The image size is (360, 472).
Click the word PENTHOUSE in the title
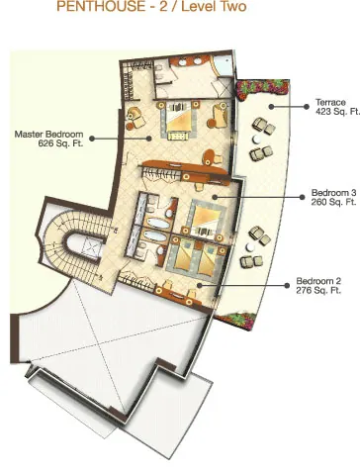point(101,6)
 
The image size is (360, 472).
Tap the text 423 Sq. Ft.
point(337,112)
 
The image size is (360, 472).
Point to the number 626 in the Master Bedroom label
point(45,143)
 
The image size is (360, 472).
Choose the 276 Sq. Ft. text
point(318,290)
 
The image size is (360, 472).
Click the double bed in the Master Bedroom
point(178,120)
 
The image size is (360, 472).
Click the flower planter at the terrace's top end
point(262,89)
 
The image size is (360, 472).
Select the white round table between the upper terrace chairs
point(257,140)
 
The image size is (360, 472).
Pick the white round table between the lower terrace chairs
point(250,247)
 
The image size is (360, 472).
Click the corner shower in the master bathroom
point(223,66)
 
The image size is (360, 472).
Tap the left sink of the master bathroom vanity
point(183,61)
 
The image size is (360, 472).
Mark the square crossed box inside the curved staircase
point(90,245)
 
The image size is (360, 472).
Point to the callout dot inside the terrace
point(271,107)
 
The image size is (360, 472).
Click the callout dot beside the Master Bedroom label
point(92,139)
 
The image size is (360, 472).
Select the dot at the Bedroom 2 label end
point(287,285)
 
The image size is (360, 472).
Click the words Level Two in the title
point(214,6)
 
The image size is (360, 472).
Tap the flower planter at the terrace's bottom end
point(235,321)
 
